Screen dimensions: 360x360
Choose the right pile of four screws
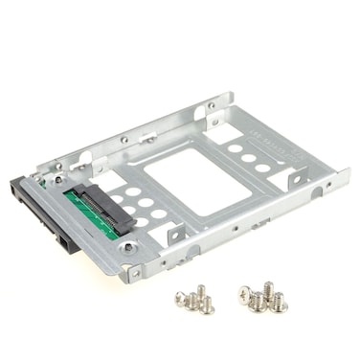click(x=260, y=298)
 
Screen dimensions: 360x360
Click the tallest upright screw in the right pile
click(x=268, y=289)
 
